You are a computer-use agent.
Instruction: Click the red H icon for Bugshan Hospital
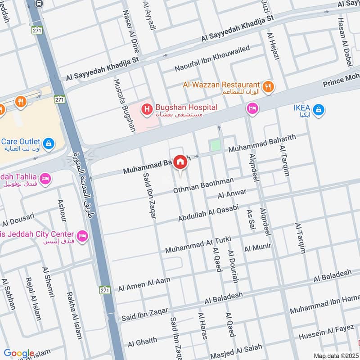pos(146,108)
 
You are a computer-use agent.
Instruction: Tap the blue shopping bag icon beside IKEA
pos(319,109)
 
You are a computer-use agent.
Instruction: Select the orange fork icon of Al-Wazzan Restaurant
pos(268,86)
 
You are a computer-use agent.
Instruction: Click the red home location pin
pos(180,162)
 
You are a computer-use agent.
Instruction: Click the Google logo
pos(19,353)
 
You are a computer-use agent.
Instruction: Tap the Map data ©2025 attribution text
pos(335,355)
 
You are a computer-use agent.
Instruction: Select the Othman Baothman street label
pos(204,186)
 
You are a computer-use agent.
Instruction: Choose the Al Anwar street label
pos(232,194)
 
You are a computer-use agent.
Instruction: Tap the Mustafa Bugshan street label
pos(124,106)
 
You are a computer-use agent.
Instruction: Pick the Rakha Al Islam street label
pos(75,315)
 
